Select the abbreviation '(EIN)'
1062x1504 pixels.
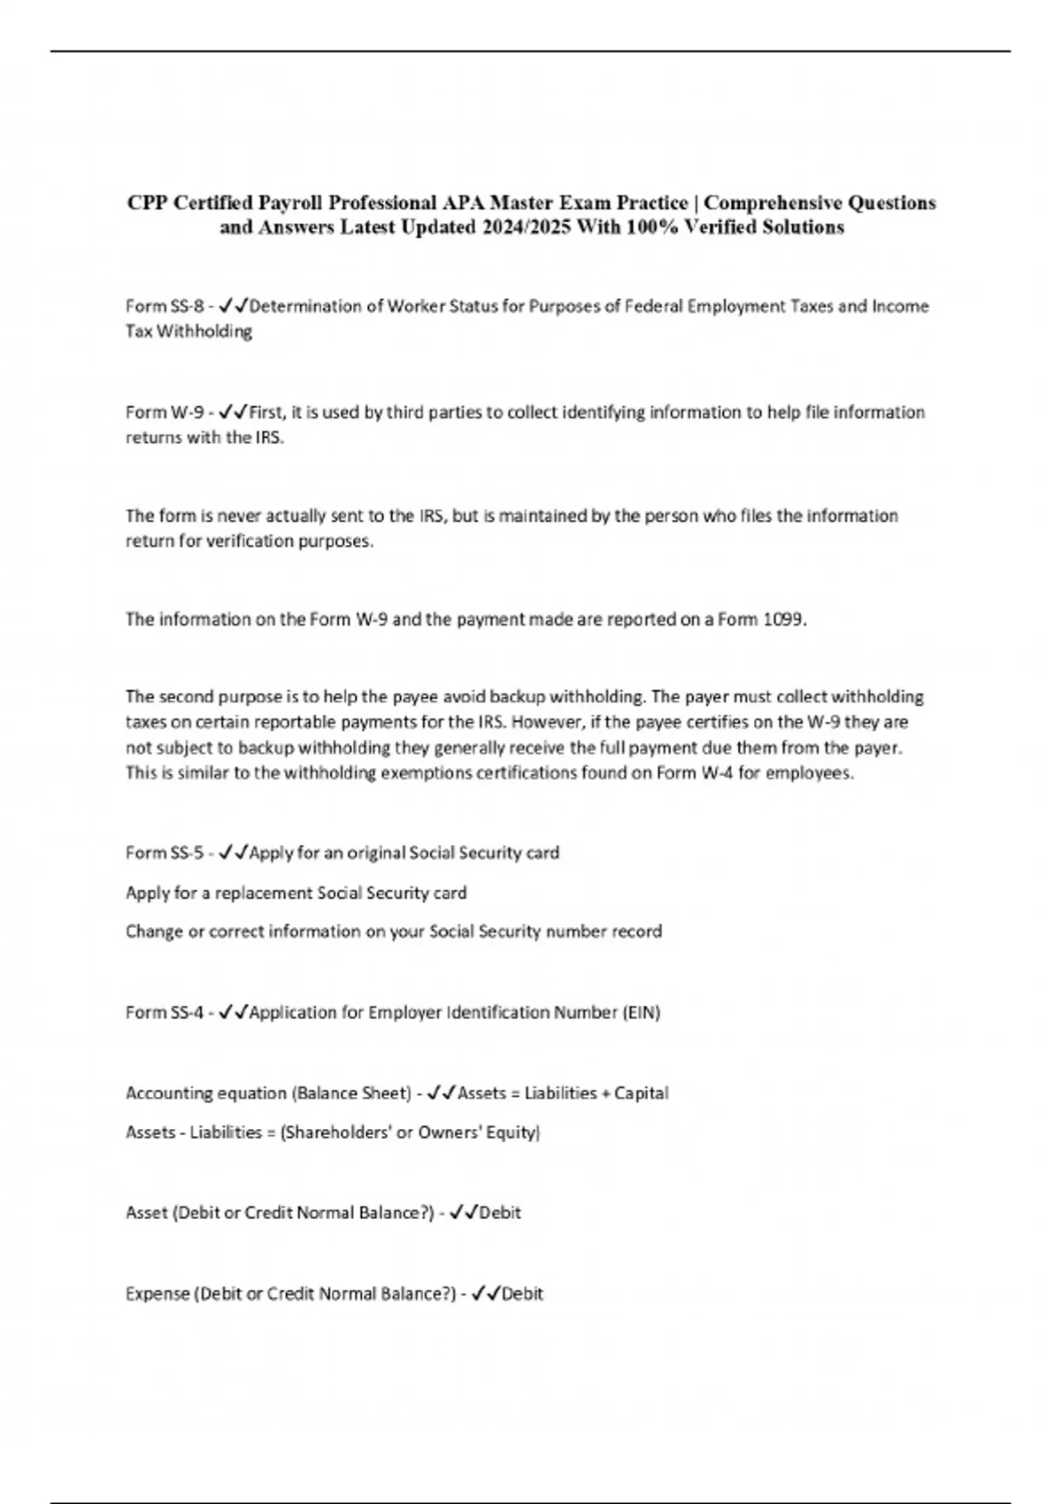click(642, 1012)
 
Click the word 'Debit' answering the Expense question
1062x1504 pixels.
click(522, 1293)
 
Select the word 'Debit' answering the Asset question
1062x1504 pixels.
click(500, 1212)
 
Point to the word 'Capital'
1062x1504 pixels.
click(642, 1093)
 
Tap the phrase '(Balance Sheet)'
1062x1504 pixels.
click(350, 1093)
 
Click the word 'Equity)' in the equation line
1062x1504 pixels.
click(512, 1132)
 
